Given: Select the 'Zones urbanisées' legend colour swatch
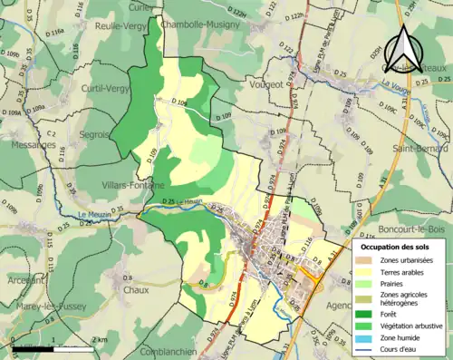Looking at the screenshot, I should (x=368, y=259).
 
